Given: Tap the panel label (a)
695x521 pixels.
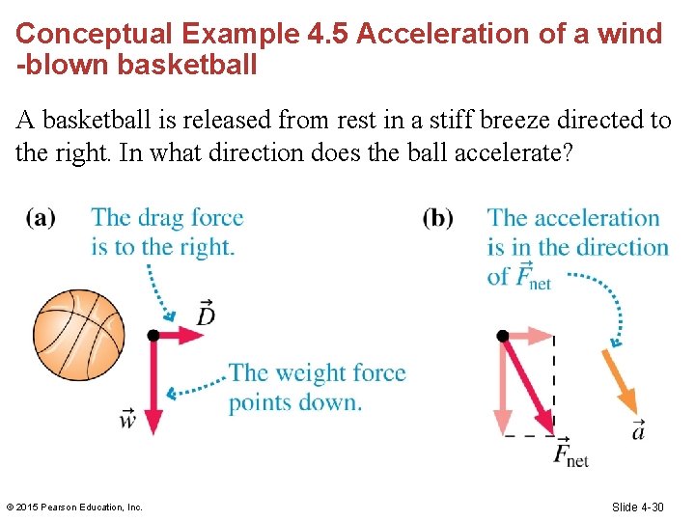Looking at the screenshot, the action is coord(41,217).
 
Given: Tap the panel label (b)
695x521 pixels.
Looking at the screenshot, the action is coord(437,217).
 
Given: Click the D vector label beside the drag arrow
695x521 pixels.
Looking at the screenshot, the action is coord(205,313).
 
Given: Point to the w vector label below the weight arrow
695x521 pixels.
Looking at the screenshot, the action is coord(128,420).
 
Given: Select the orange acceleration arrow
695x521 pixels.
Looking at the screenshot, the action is coord(618,382).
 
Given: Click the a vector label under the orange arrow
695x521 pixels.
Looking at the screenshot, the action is coord(638,429).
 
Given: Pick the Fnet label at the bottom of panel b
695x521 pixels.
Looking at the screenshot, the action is coord(570,452).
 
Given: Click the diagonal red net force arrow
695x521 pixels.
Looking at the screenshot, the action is coord(528,382).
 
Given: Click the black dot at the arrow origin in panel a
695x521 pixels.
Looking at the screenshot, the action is coord(153,336).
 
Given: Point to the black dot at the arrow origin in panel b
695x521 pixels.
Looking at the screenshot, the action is coord(503,336).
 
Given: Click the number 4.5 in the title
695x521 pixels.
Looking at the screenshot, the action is coord(331,34).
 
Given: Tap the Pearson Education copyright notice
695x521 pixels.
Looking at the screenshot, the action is coord(74,507).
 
